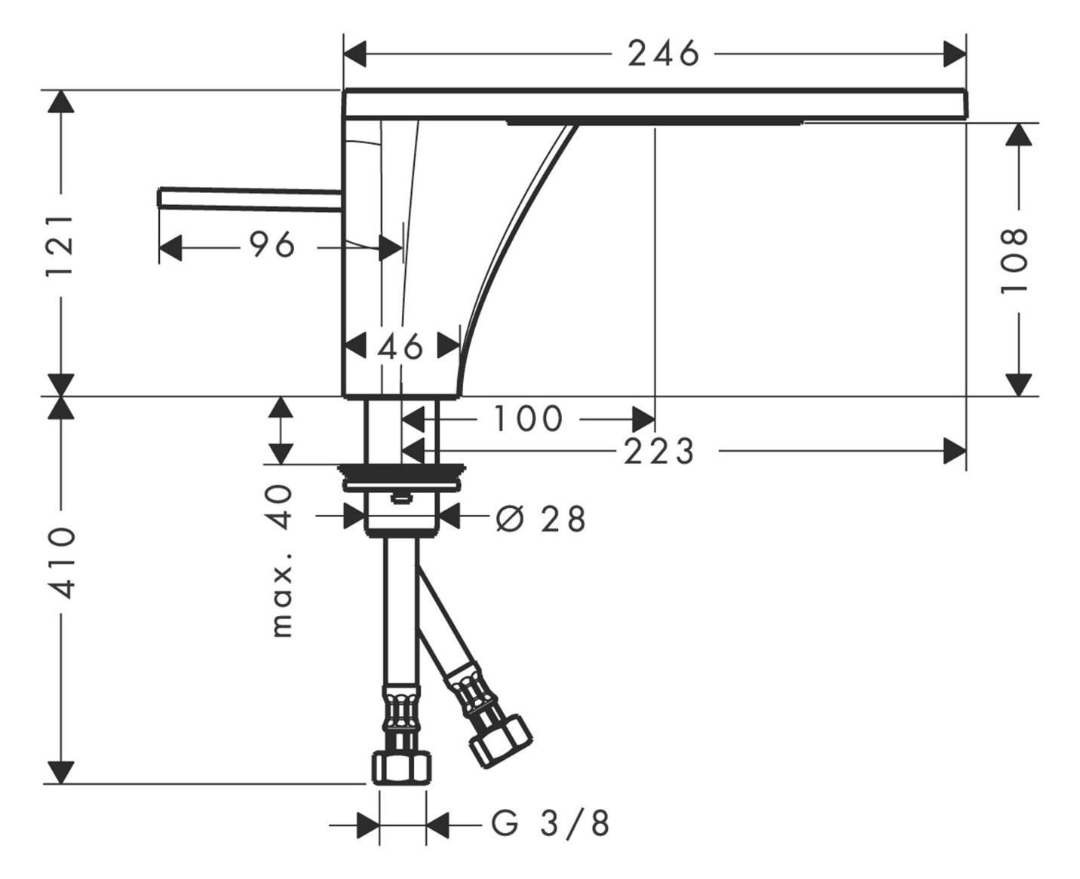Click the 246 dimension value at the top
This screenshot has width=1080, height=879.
[x=664, y=54]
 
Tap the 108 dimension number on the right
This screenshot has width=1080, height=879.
[x=1016, y=260]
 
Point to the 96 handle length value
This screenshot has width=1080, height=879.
[x=272, y=245]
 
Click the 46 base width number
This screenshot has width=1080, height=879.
[x=400, y=348]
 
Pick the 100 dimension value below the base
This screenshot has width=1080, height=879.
[x=528, y=418]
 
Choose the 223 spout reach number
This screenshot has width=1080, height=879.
[x=658, y=452]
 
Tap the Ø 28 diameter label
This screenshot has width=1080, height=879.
[x=541, y=519]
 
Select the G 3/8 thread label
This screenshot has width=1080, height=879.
[x=551, y=824]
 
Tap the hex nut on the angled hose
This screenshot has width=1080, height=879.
[x=500, y=740]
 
